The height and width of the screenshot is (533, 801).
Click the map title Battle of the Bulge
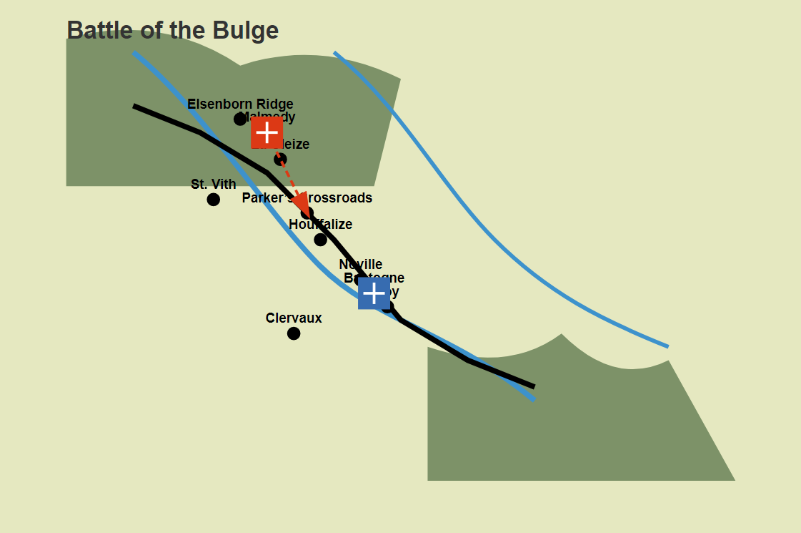pos(172,31)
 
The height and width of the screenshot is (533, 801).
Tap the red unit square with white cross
pos(267,132)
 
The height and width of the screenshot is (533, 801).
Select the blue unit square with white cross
pos(374,293)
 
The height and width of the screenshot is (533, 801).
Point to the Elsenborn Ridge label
pos(240,104)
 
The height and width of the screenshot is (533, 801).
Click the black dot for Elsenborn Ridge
pos(240,119)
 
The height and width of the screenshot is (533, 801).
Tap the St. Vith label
pos(213,185)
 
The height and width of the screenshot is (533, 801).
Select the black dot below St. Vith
pos(213,199)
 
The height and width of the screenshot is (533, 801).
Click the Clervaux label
pos(294,318)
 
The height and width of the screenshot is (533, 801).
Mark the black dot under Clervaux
pos(294,333)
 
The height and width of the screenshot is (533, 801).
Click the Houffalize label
pos(320,225)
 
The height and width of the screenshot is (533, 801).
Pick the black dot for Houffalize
pos(320,239)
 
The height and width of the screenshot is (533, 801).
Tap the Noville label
pos(361,265)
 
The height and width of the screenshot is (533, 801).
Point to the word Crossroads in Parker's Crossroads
pos(340,198)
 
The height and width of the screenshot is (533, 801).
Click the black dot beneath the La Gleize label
pos(280,160)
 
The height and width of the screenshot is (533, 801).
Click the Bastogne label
pos(374,278)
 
